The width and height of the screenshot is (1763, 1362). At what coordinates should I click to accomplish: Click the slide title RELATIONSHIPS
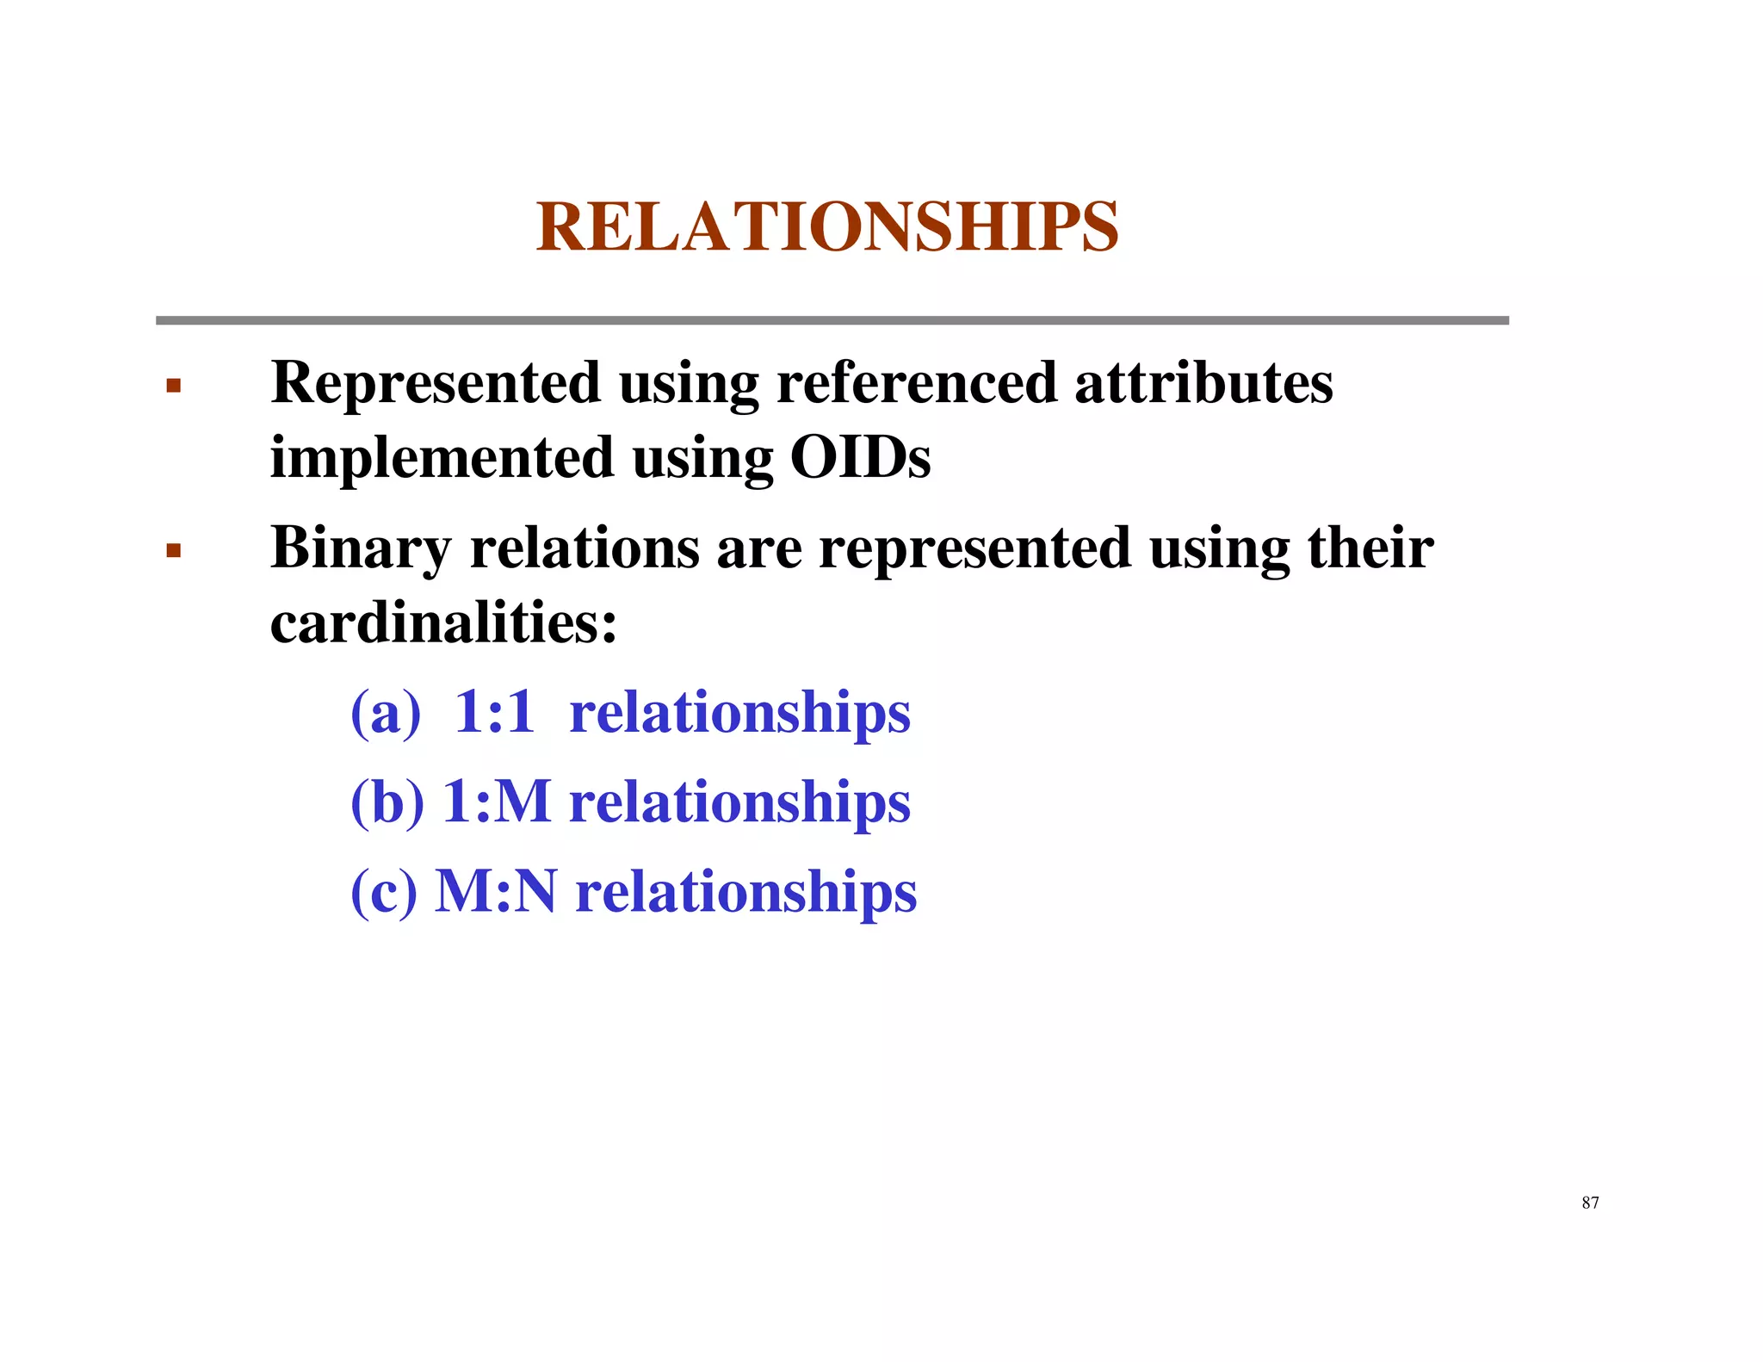(x=826, y=226)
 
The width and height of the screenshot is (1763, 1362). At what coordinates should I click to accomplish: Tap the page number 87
(x=1590, y=1203)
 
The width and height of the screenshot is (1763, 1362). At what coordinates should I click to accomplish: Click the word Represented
(x=435, y=383)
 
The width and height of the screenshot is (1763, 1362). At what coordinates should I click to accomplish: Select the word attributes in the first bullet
(x=1203, y=383)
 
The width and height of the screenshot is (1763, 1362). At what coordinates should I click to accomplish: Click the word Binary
(x=361, y=549)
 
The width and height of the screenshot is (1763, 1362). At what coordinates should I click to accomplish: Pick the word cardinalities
(x=443, y=622)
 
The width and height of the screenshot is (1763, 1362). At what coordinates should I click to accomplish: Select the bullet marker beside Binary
(x=174, y=550)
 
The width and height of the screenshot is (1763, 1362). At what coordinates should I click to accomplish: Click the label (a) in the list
(x=386, y=713)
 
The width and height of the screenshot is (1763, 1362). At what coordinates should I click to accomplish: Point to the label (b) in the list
(x=387, y=802)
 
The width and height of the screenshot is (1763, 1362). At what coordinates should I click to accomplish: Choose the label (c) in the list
(x=384, y=892)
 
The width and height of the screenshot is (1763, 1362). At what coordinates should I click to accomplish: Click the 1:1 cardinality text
(x=494, y=713)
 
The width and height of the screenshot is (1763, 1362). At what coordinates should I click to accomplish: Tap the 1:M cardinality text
(x=496, y=802)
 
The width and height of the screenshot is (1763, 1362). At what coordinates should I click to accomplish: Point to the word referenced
(x=916, y=383)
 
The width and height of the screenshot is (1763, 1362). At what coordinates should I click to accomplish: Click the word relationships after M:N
(x=745, y=894)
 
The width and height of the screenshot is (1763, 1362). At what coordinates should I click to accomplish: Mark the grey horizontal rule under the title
(x=832, y=320)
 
